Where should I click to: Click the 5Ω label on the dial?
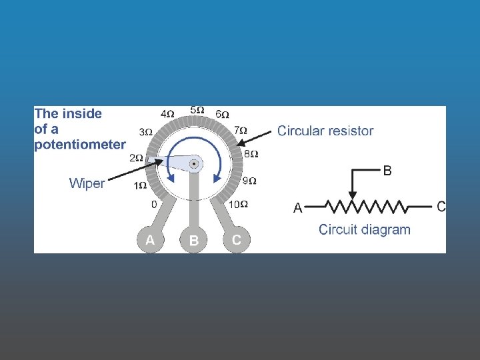(197, 109)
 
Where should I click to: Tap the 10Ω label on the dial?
(239, 204)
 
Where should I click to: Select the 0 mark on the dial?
(154, 204)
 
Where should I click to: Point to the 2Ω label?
(136, 158)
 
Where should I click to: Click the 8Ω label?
(251, 154)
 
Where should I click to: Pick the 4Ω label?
(167, 114)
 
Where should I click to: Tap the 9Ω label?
(249, 181)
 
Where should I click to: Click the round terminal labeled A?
(150, 240)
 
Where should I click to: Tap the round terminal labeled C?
(236, 240)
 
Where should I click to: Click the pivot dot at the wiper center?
(194, 163)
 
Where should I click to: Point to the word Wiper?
(87, 183)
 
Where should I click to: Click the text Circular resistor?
(325, 131)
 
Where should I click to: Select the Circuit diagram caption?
(365, 230)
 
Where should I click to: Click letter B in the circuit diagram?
(387, 171)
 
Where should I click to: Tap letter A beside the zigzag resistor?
(298, 209)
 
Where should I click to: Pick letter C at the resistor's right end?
(441, 207)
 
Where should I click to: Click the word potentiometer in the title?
(80, 144)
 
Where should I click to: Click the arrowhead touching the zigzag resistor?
(353, 195)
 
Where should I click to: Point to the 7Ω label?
(240, 130)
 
